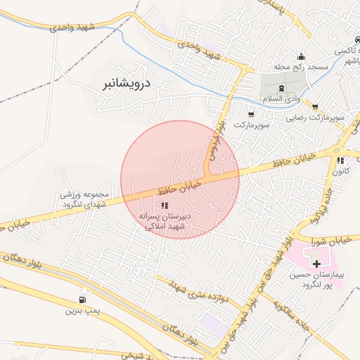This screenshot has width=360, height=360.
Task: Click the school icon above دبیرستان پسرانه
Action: coord(164,205)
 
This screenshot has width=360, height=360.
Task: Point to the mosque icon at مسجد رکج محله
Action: coord(302,57)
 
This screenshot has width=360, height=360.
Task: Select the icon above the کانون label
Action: coord(340,160)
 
